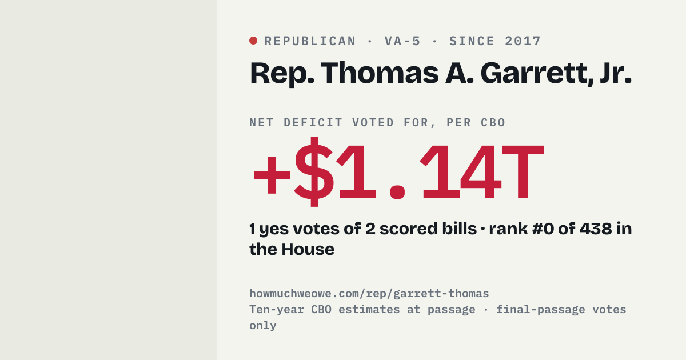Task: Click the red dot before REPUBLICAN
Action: [253, 41]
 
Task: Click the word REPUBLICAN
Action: [310, 41]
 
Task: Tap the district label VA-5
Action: [402, 41]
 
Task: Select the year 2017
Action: [523, 41]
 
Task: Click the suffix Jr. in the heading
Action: [616, 73]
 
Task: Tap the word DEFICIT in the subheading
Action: [313, 123]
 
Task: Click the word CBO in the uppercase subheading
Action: [493, 123]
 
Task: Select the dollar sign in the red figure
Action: [314, 172]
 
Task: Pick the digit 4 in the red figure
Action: [480, 173]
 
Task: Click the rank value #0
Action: [543, 229]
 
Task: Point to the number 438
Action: [596, 229]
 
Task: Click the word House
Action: [308, 249]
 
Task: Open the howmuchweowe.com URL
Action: [369, 294]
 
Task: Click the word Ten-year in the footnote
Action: [277, 310]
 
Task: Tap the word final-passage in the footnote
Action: [541, 310]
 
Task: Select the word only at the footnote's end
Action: [263, 325]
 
